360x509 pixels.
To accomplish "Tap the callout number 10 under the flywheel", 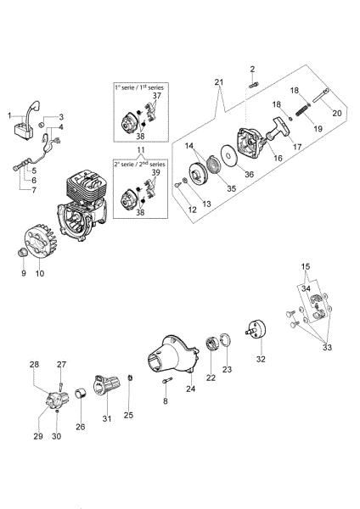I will click(38, 274).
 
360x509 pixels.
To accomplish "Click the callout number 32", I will click(261, 360).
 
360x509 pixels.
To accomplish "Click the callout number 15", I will click(305, 268).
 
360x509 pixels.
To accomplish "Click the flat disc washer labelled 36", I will click(227, 156).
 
